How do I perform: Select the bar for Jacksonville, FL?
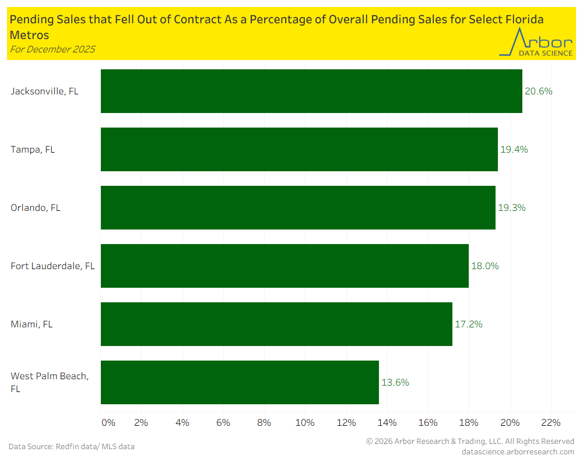click(311, 91)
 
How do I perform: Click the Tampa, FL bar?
click(299, 149)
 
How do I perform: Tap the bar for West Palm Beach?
click(240, 382)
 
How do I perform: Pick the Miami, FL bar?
click(276, 324)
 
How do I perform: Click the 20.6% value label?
click(538, 91)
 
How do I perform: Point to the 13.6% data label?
click(395, 382)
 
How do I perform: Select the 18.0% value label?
click(484, 266)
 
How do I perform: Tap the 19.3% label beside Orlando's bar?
click(511, 207)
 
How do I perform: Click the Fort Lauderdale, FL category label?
click(52, 266)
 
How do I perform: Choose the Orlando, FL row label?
click(36, 207)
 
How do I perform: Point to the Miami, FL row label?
click(31, 324)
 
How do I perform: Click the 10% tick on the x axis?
click(305, 422)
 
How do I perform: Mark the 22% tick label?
click(550, 422)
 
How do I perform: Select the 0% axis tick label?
click(108, 422)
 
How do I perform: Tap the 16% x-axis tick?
click(428, 422)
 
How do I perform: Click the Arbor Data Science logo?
click(536, 43)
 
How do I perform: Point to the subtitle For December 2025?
click(52, 49)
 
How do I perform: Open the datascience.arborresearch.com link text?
click(517, 451)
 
